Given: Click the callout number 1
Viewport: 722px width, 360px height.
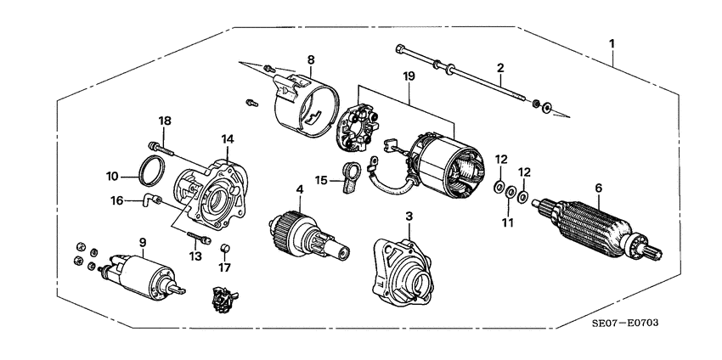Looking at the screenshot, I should coord(612,43).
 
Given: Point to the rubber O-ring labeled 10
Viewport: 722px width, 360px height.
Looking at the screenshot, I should coord(151,170).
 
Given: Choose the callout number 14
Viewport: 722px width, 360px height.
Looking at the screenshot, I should coord(227,138).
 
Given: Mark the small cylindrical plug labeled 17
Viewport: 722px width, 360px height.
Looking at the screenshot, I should coord(226,249).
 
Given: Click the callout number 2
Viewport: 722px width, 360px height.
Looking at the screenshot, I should coord(500,67).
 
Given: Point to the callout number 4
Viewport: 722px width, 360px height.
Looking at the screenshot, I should coord(299,188).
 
